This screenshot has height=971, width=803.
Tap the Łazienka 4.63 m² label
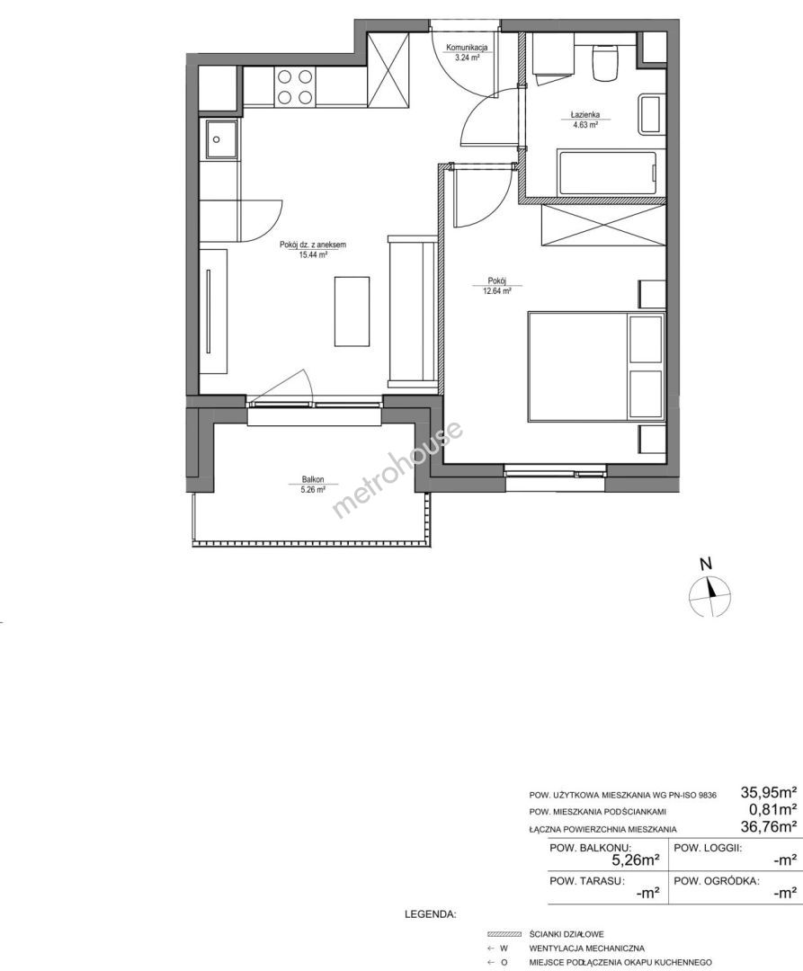tap(585, 120)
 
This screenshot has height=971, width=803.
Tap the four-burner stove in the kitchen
tap(294, 86)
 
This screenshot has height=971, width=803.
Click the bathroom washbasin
tap(651, 114)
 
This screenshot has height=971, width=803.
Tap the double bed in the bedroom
tap(595, 367)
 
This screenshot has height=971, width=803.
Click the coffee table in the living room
tap(352, 311)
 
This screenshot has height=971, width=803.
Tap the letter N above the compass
tap(705, 564)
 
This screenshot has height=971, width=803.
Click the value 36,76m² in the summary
tap(768, 825)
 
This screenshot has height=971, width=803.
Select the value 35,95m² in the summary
tap(768, 791)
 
